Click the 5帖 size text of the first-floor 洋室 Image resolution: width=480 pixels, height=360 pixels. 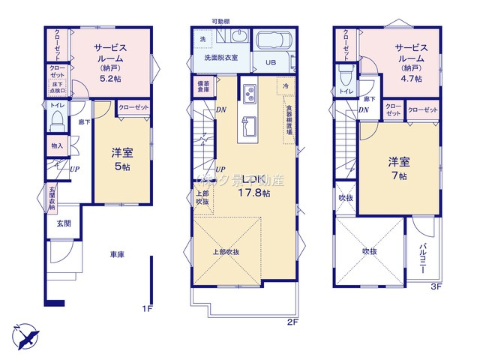coord(121,166)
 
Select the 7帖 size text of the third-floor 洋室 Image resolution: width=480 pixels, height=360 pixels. coord(397,175)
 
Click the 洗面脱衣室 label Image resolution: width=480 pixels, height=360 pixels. coord(216,58)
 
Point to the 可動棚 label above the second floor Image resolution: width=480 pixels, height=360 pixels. coord(220,22)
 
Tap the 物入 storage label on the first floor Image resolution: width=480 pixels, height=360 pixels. coord(57,145)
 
